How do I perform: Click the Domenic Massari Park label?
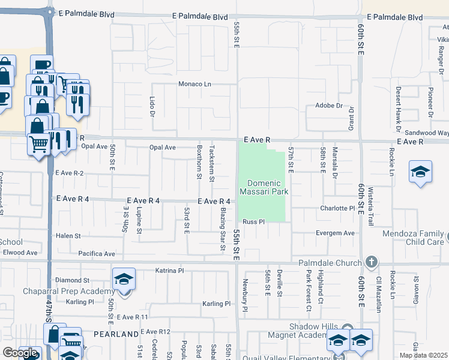point(264,187)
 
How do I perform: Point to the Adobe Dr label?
point(328,106)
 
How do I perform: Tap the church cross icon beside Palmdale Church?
point(372,262)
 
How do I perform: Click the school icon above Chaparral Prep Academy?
point(124,278)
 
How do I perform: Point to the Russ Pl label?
point(253,222)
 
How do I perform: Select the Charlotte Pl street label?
point(338,209)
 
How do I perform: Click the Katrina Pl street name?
point(168,271)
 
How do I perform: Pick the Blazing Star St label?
point(222,221)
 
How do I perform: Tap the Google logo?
point(20,353)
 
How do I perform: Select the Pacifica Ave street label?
point(96,254)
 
